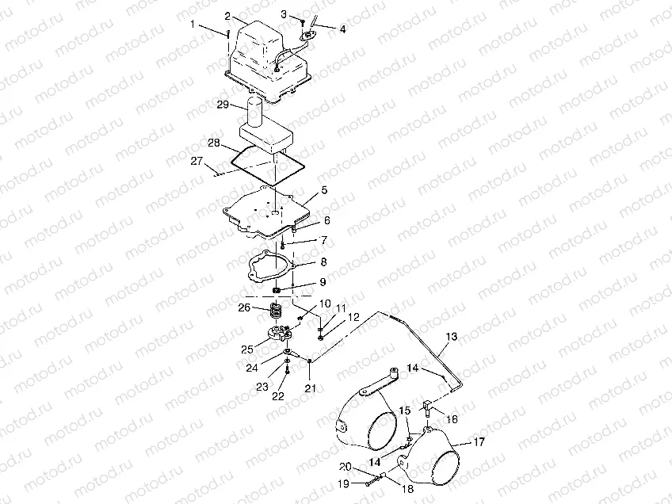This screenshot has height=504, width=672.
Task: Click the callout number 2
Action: pyautogui.click(x=227, y=17)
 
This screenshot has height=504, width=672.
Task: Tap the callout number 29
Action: pyautogui.click(x=223, y=105)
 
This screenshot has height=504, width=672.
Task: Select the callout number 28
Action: pyautogui.click(x=214, y=143)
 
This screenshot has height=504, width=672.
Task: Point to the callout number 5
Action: pyautogui.click(x=324, y=190)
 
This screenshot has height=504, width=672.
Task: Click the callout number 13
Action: pyautogui.click(x=451, y=337)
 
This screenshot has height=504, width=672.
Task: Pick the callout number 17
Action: pyautogui.click(x=479, y=441)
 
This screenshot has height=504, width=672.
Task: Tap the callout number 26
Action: pyautogui.click(x=244, y=307)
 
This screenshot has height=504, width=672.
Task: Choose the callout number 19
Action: pyautogui.click(x=344, y=484)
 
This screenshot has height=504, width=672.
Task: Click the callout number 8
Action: pyautogui.click(x=323, y=262)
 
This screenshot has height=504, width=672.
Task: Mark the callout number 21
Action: pyautogui.click(x=311, y=388)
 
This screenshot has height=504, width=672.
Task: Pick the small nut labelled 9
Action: pyautogui.click(x=277, y=291)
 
